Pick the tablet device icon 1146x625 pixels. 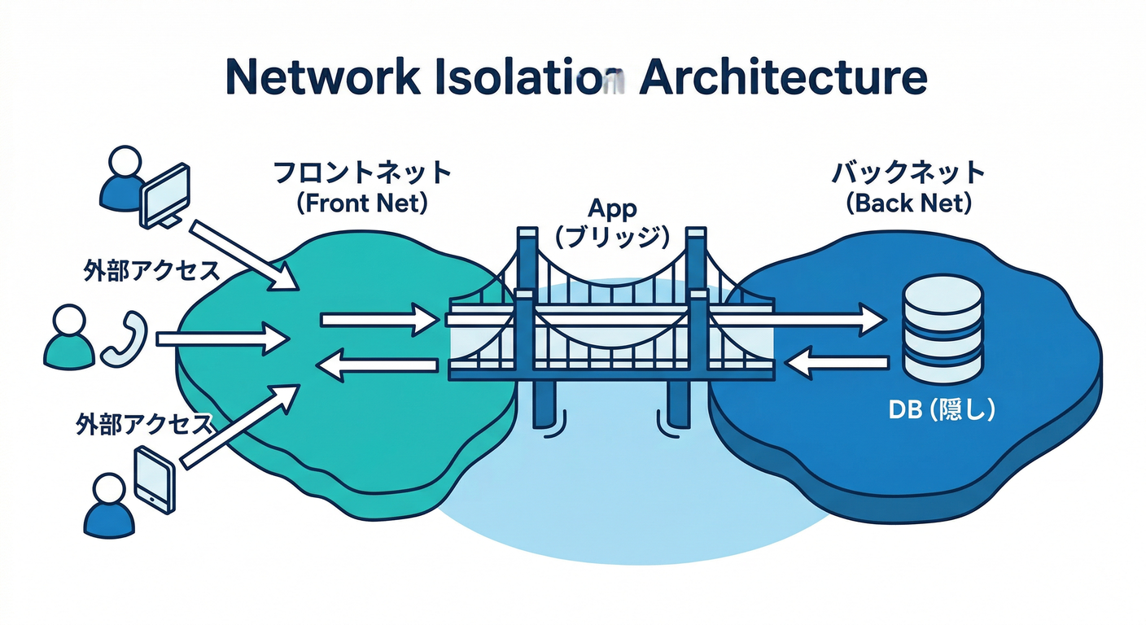(155, 479)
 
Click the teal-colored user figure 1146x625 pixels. (69, 339)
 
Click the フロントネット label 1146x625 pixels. (361, 173)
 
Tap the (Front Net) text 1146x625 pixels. (361, 203)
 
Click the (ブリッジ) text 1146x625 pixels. (612, 238)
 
